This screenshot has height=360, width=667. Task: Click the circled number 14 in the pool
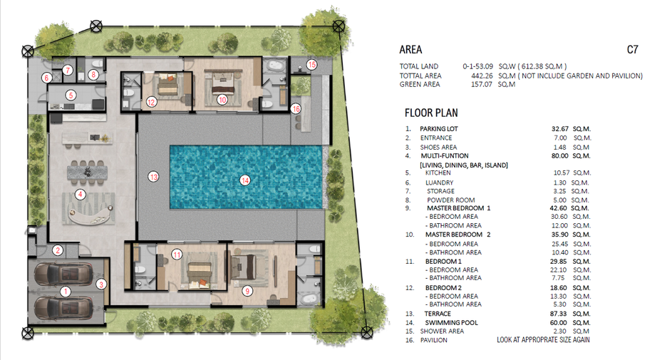click(245, 180)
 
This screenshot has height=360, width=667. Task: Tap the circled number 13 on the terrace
click(153, 177)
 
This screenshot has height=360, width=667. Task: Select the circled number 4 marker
click(80, 195)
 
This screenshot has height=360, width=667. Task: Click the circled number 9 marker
click(247, 291)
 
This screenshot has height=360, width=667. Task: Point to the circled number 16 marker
click(296, 109)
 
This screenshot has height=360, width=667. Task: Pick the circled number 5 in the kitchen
click(71, 96)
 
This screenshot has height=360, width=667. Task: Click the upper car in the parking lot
click(63, 274)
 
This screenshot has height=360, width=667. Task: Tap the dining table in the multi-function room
click(87, 173)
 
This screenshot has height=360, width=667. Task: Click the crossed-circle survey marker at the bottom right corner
click(367, 332)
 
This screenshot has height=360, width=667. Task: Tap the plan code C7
click(633, 50)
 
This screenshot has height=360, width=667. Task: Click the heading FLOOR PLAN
click(431, 113)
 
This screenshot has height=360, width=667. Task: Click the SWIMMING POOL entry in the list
click(451, 322)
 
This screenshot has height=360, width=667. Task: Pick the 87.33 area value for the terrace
click(558, 314)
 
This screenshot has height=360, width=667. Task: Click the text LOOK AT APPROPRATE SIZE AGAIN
click(543, 339)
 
